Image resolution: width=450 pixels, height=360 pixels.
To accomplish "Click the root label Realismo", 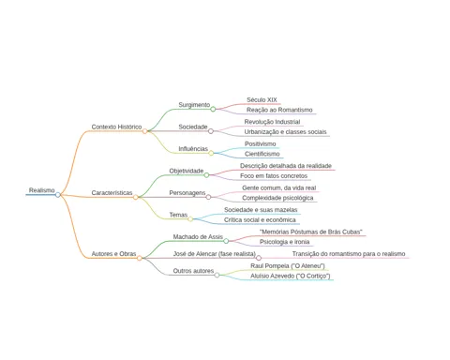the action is (x=42, y=190).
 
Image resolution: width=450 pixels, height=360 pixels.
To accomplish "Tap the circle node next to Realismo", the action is (x=58, y=195).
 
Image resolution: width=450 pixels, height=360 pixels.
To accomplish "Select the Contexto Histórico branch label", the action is (x=116, y=127).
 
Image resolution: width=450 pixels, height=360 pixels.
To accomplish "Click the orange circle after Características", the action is (x=136, y=197).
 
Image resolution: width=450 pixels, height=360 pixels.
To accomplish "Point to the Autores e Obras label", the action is (x=113, y=254).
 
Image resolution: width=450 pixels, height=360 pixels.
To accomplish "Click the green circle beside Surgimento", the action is (x=213, y=109).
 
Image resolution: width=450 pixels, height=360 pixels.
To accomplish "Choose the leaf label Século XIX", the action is (x=262, y=99).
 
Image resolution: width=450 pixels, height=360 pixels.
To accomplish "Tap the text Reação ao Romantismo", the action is (x=279, y=110).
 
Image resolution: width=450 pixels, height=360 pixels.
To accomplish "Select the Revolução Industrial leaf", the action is (x=272, y=122).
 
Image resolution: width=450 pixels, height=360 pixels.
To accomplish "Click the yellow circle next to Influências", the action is (x=211, y=153).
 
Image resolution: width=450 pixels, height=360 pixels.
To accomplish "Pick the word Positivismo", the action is (x=261, y=143).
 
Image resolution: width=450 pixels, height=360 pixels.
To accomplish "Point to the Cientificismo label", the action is (x=262, y=154).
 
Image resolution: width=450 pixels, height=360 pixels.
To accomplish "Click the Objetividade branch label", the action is (x=187, y=171).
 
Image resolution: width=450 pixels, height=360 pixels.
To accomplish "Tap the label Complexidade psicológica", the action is (x=277, y=198).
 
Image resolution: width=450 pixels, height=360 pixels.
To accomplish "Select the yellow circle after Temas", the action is (x=190, y=219).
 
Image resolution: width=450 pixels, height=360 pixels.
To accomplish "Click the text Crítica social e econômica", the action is (x=260, y=220).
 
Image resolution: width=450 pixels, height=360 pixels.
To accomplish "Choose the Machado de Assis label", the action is (x=198, y=237).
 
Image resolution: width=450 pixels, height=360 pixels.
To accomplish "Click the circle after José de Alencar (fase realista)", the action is (x=259, y=258).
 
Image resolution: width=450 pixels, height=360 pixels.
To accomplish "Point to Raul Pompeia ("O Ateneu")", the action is (x=288, y=266).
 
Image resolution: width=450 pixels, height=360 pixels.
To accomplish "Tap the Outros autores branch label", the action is (x=193, y=271).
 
